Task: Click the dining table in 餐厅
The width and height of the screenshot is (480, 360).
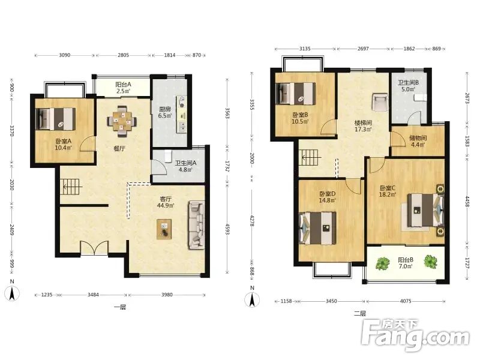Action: [x=122, y=121]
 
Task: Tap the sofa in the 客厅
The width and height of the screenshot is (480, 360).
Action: [x=196, y=225]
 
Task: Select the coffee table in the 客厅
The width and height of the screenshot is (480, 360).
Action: [x=164, y=229]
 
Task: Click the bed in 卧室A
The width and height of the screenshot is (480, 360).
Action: [x=56, y=119]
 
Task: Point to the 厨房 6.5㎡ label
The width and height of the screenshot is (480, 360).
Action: [x=165, y=112]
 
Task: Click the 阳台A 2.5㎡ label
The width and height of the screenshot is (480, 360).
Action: [x=124, y=88]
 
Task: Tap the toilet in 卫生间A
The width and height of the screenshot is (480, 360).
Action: [x=168, y=156]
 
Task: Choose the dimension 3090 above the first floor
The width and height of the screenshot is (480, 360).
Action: [x=64, y=55]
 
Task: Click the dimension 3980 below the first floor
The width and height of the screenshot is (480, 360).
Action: [x=167, y=295]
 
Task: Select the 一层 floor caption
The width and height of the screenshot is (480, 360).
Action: [x=119, y=307]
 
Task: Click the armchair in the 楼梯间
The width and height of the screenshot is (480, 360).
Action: [x=380, y=102]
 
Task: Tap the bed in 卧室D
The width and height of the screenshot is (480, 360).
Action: [x=317, y=229]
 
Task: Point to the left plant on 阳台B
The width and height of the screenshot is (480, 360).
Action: [x=382, y=263]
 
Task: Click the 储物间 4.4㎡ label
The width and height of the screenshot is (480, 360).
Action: [x=418, y=141]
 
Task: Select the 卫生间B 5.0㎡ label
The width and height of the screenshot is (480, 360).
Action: [x=408, y=86]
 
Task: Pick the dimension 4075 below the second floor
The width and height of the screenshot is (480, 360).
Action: [x=406, y=301]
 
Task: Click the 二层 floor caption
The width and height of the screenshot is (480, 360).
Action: [x=359, y=313]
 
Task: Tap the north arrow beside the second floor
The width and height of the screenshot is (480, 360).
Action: [x=252, y=298]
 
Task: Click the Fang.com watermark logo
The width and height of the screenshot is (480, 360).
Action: [x=415, y=335]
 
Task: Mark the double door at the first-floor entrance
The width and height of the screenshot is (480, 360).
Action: [x=94, y=248]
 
